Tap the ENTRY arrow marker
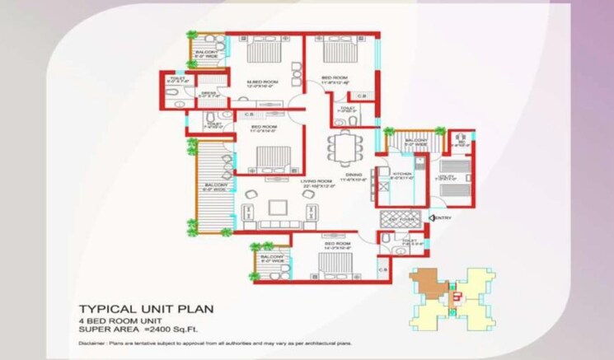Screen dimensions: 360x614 point(440,217)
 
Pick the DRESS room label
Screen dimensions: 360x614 point(209,96)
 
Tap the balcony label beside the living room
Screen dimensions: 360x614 point(216,187)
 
